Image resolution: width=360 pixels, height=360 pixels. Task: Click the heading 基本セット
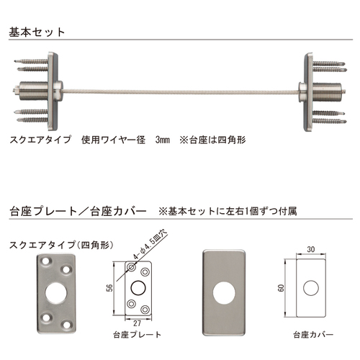click(37, 32)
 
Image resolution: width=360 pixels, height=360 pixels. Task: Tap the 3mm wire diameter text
click(163, 140)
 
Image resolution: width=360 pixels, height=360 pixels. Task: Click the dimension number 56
click(109, 288)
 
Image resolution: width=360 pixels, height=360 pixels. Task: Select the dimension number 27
click(137, 323)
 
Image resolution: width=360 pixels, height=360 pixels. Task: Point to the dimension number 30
click(311, 249)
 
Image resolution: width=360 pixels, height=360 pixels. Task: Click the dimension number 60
click(281, 288)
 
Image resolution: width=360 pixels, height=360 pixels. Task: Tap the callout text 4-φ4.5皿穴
click(150, 246)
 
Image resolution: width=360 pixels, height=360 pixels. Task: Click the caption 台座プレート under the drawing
click(137, 335)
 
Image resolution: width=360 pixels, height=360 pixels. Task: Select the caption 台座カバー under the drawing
click(313, 335)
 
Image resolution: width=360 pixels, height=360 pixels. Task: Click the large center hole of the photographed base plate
click(56, 293)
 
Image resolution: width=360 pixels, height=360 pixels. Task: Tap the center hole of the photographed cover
click(224, 293)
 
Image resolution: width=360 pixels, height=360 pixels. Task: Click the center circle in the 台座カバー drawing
click(311, 288)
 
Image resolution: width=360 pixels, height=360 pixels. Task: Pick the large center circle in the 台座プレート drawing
click(138, 288)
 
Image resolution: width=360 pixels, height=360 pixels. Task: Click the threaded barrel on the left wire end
click(34, 91)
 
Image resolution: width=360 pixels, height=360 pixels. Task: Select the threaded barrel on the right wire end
click(327, 91)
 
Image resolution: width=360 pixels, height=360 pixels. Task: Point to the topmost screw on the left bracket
click(31, 61)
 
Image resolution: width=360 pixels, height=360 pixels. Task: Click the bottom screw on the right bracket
click(330, 121)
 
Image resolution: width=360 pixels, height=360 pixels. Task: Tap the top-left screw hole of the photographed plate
click(45, 262)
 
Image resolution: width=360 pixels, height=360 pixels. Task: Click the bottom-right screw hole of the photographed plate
click(67, 325)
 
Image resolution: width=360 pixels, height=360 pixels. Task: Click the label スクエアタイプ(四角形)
click(61, 246)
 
